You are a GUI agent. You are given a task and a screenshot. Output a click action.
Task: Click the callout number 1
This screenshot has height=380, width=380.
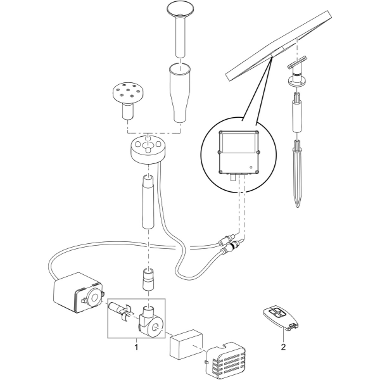tap(136, 347)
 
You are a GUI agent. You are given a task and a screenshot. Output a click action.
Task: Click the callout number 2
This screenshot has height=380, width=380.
tap(283, 347)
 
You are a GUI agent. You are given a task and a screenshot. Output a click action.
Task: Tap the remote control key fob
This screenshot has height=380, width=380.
tap(281, 318)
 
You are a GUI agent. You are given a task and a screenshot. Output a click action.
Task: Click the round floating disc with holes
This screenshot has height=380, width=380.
tap(148, 149)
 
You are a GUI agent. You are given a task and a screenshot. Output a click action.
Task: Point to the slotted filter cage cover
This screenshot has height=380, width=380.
tap(225, 362)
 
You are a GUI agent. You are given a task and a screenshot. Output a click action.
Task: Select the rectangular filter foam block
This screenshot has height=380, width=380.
tap(186, 344)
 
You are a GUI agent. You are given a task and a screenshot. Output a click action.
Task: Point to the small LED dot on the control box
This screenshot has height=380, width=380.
tap(251, 167)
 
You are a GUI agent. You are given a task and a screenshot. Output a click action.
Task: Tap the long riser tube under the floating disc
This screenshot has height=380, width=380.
tap(148, 201)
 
